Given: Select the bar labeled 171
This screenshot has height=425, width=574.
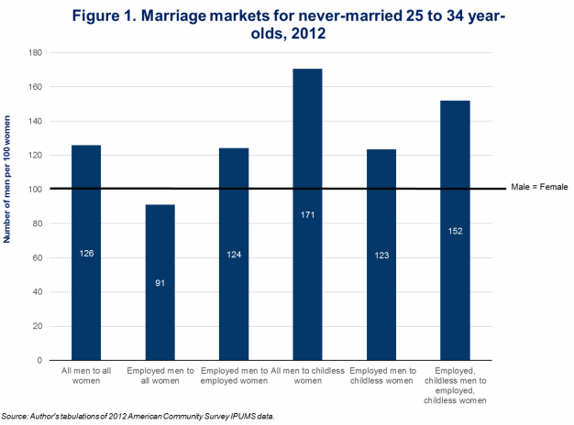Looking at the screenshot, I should point(307,214).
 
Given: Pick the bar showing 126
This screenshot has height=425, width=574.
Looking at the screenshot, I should point(86,252).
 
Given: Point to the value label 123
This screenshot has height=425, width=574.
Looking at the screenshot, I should point(381,256).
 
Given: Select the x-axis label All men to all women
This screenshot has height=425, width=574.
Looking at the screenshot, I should point(86,375).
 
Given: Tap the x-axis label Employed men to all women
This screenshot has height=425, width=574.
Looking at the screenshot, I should point(160,375).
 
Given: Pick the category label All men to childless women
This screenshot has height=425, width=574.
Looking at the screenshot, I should point(307,375).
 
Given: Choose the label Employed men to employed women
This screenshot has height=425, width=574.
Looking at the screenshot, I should point(234,375).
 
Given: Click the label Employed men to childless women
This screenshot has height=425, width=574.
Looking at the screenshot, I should point(381,375).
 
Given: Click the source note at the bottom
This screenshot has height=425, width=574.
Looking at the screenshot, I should point(138,416).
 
